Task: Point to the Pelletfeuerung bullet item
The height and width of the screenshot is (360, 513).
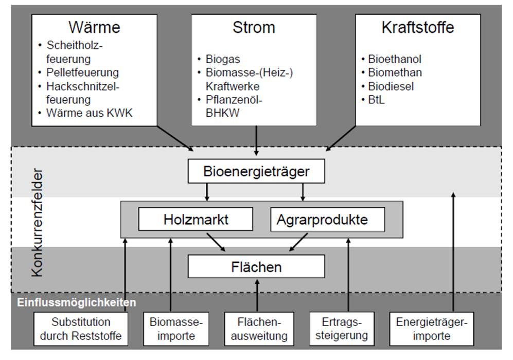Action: (82, 73)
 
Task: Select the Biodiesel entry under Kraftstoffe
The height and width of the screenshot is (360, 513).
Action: (391, 86)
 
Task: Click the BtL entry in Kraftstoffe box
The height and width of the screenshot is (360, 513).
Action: (376, 100)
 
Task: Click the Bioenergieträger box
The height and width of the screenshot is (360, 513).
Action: (256, 171)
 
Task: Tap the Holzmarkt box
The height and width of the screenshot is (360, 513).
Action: (190, 220)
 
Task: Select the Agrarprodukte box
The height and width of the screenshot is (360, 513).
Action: (327, 220)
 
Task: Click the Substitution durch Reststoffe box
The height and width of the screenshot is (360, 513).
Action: (81, 329)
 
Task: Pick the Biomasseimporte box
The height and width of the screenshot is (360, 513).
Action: (176, 329)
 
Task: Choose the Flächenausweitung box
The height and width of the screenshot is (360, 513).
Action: (258, 329)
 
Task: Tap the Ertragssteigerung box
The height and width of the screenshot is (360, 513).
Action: (342, 329)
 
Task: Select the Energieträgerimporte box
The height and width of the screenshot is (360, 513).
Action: (431, 329)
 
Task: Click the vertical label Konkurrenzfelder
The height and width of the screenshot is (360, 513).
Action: (37, 221)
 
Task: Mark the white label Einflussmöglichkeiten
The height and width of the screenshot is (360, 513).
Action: (77, 302)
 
